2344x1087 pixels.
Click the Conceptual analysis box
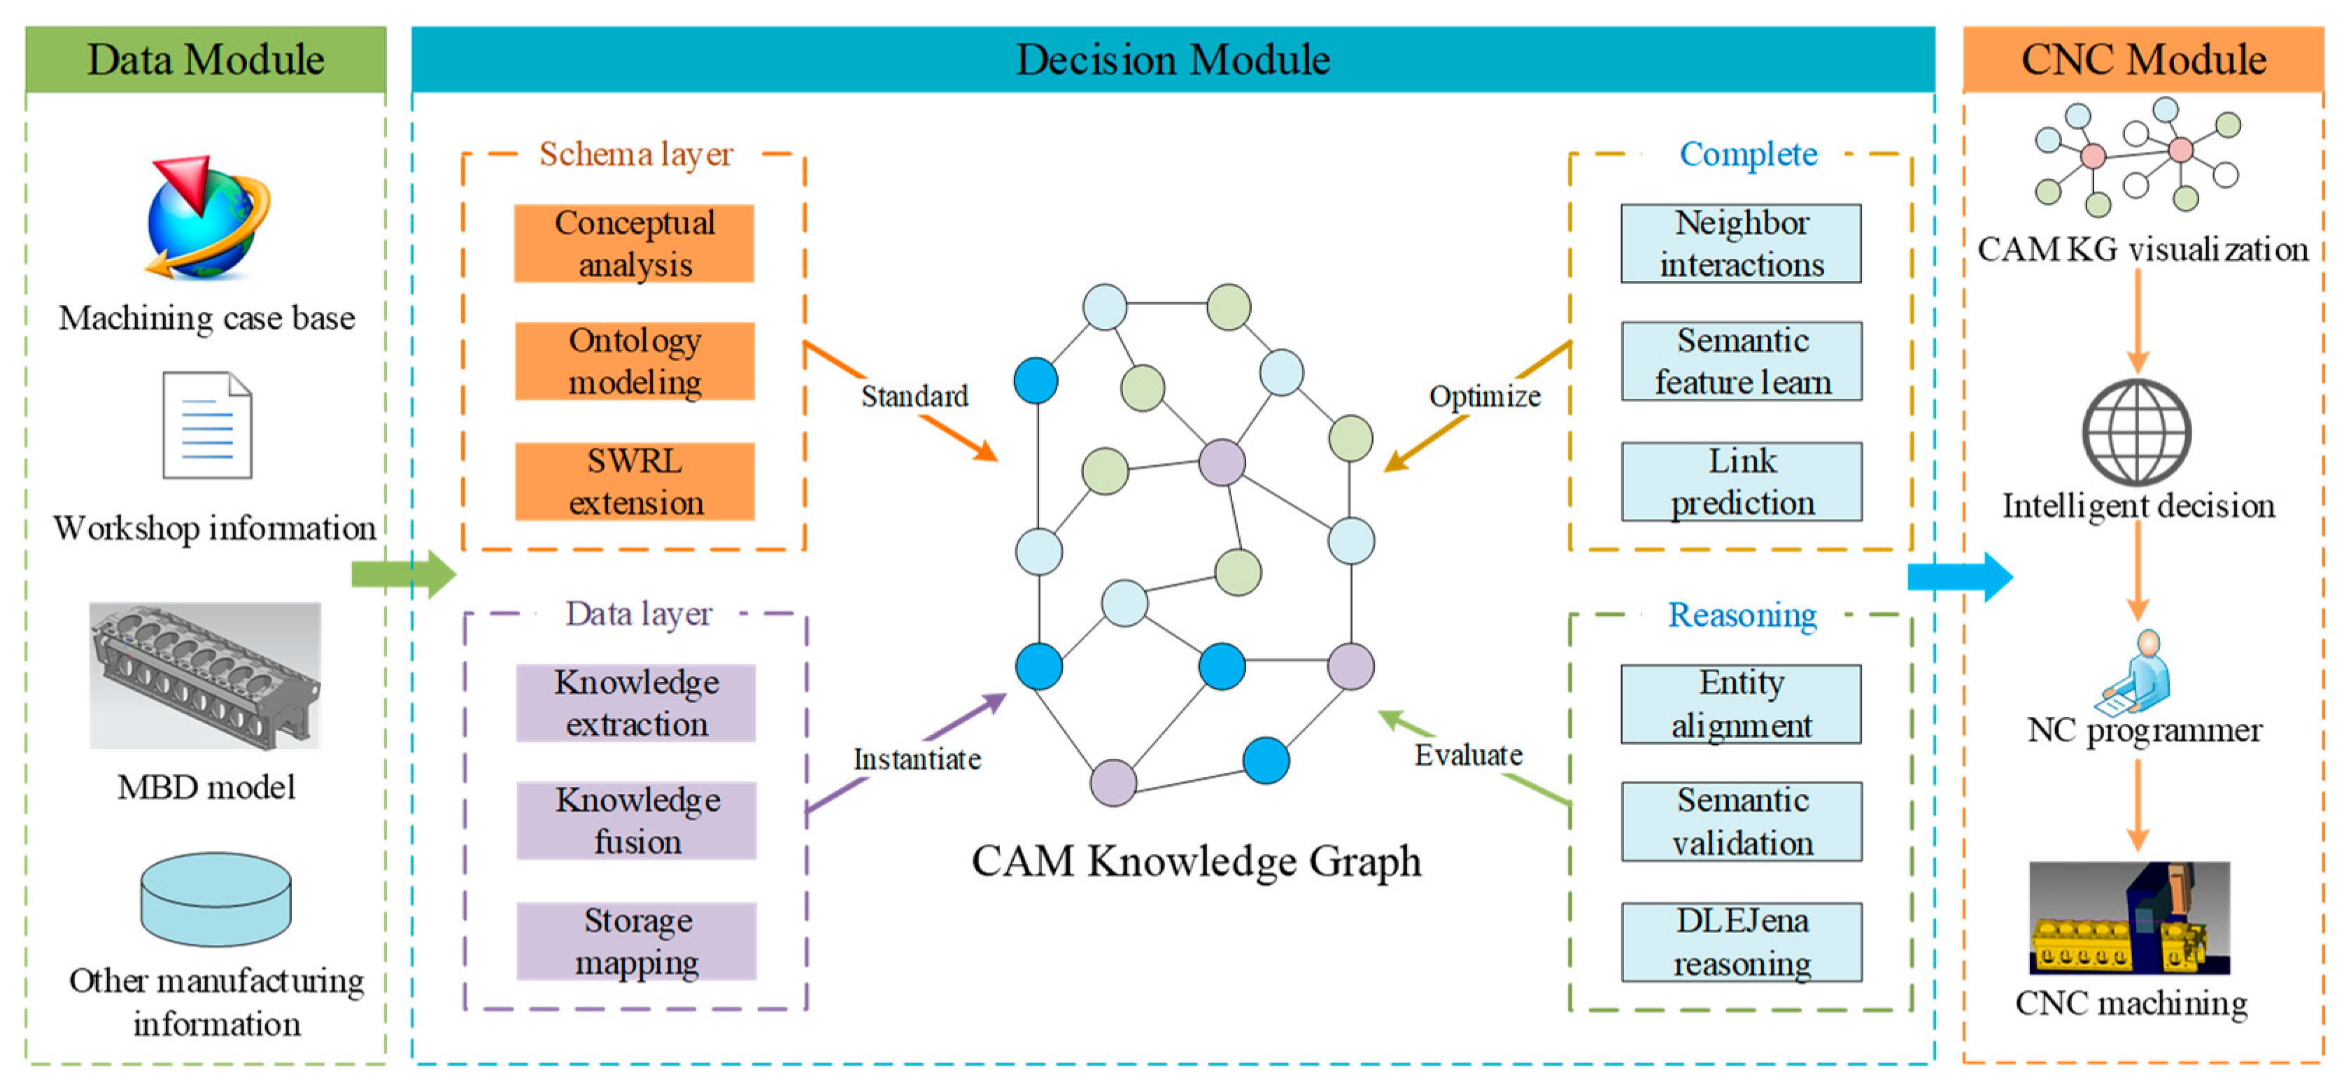click(x=634, y=244)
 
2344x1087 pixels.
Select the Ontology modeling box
click(x=634, y=361)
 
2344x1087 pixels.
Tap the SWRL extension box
click(x=634, y=481)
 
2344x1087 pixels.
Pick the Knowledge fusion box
click(x=636, y=820)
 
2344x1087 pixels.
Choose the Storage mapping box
click(x=636, y=941)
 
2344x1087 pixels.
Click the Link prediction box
click(x=1741, y=481)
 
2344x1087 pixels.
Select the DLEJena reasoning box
click(x=1741, y=942)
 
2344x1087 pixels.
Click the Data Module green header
click(x=206, y=60)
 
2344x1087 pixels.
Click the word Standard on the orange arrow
click(x=915, y=397)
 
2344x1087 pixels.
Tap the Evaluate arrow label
click(x=1468, y=755)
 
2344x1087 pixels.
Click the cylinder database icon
click(x=216, y=899)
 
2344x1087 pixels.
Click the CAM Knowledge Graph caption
click(x=1195, y=860)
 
